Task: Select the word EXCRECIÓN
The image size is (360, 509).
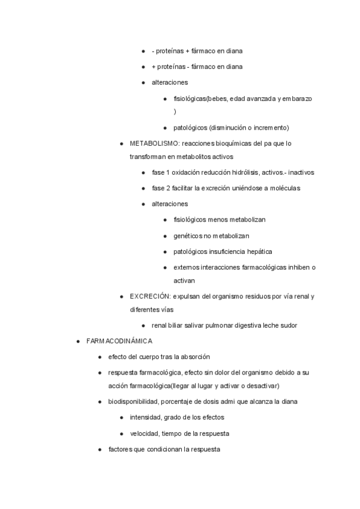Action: (x=150, y=296)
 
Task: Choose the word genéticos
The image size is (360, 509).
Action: (x=188, y=236)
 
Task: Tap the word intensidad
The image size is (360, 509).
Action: (x=146, y=417)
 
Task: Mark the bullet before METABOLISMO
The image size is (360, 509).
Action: (x=122, y=144)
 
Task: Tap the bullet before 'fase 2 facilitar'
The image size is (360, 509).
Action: (x=144, y=188)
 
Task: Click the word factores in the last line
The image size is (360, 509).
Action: (x=121, y=449)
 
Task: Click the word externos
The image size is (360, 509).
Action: (x=185, y=267)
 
